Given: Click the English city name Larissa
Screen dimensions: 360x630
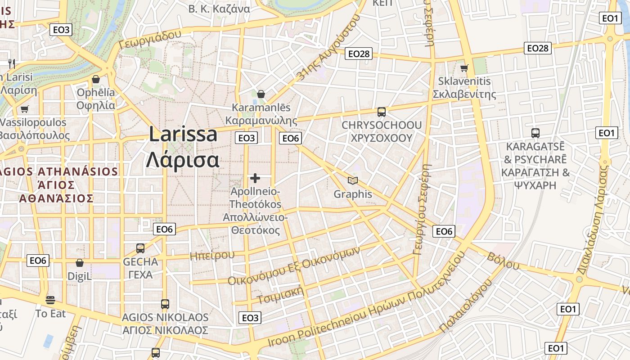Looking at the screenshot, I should point(183,135).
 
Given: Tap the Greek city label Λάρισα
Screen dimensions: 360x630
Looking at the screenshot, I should point(183,159).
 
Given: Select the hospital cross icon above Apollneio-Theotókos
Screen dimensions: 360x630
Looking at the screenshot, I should point(255,178).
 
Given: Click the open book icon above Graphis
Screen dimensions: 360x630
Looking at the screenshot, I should point(353,180).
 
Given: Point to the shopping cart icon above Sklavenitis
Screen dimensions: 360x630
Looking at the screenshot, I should point(464,68).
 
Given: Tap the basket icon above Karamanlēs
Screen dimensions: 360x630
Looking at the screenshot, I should point(261,94).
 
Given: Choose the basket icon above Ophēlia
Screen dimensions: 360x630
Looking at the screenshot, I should point(96,80).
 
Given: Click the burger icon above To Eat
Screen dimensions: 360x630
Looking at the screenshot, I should point(50,300).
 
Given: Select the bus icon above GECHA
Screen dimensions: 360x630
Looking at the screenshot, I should point(140,248).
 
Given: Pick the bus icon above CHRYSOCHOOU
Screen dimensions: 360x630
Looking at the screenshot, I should point(382,112).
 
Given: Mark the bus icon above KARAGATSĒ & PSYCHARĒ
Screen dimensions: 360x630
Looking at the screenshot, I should point(535,133).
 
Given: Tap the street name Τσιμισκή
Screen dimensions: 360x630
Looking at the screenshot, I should point(280,295).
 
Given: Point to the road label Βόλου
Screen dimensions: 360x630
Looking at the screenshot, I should point(503,261).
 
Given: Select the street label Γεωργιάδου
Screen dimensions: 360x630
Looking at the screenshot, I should point(150,39).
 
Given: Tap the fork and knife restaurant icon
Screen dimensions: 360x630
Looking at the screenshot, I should point(12,63).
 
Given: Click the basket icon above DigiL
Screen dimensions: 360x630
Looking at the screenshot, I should point(80,263).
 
